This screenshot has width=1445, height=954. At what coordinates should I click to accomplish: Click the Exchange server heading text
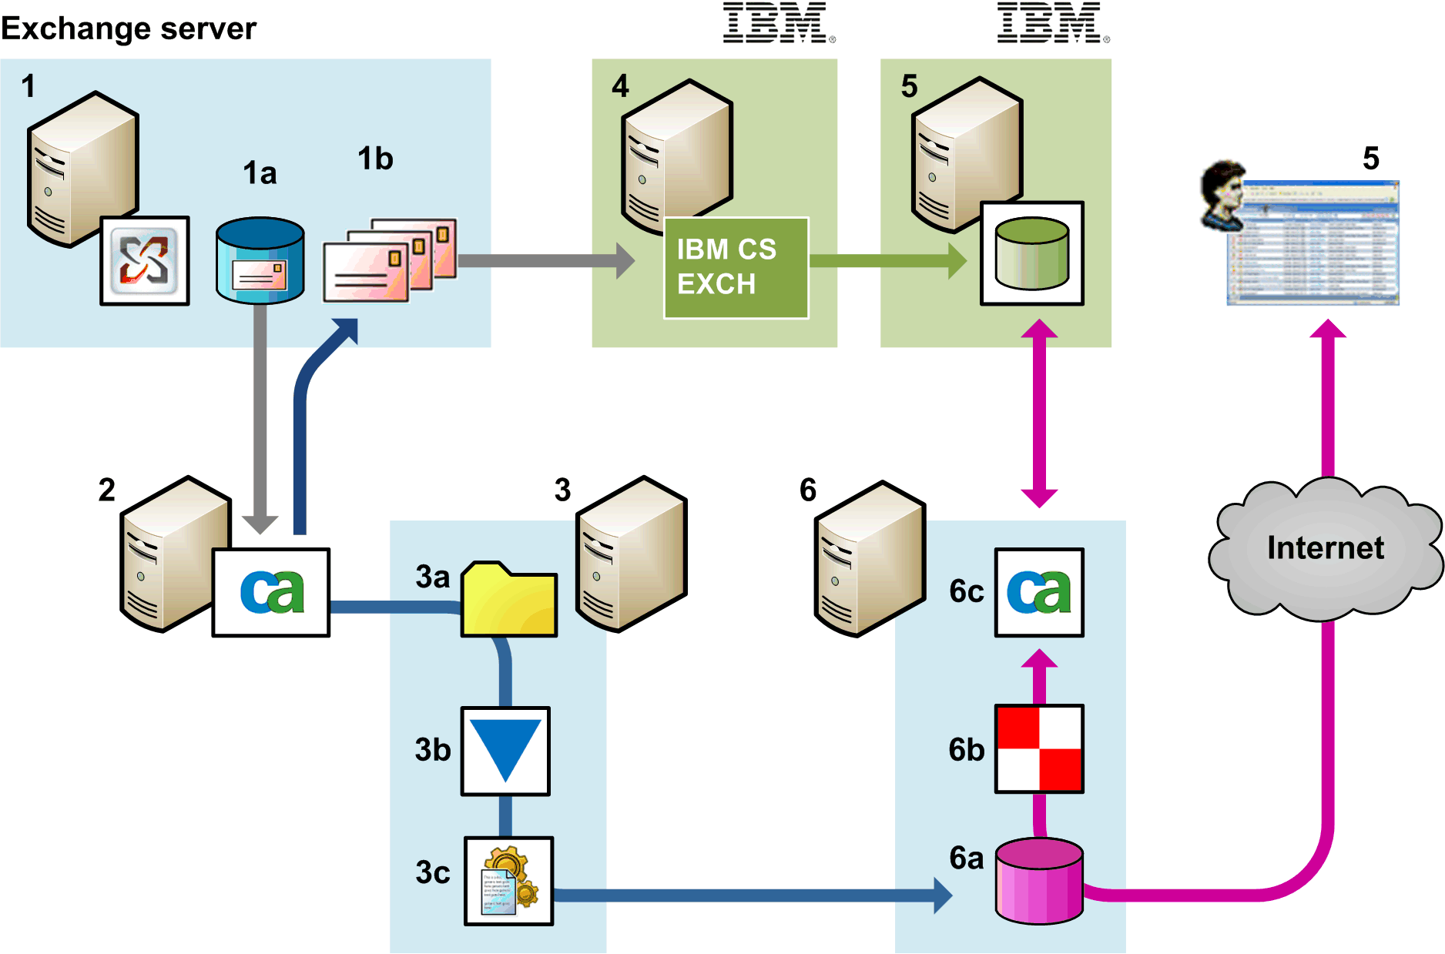pos(128,28)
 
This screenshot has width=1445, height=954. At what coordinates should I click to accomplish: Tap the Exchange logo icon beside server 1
pos(145,260)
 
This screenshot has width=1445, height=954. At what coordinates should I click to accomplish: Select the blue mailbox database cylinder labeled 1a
pos(260,259)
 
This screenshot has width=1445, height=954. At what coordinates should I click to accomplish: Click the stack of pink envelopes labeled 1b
pos(389,261)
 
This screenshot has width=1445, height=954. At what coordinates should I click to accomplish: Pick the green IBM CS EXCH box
pos(736,267)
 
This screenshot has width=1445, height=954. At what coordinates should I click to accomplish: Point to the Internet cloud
pos(1324,548)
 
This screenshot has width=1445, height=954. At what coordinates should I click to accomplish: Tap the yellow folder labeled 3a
pos(508,600)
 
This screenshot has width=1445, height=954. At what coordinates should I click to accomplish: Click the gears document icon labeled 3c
pos(508,880)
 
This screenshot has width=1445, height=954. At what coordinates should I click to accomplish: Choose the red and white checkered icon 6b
pos(1038,748)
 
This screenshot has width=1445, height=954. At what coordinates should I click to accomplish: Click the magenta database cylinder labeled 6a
pos(1038,881)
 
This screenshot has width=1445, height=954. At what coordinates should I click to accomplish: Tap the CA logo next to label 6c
pos(1038,592)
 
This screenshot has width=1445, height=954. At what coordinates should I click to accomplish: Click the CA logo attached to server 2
pos(271,592)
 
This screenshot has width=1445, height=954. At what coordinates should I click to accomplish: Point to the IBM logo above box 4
pos(778,22)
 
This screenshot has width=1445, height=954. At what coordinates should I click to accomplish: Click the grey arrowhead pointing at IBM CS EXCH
pos(625,260)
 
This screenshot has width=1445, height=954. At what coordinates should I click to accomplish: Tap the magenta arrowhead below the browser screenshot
pos(1328,330)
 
